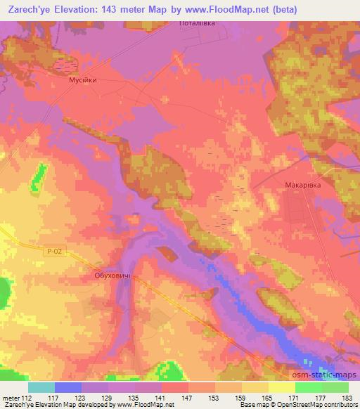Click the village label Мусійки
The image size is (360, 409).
(82, 80)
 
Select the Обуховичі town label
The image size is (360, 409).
(113, 276)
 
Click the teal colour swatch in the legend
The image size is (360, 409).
(41, 387)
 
